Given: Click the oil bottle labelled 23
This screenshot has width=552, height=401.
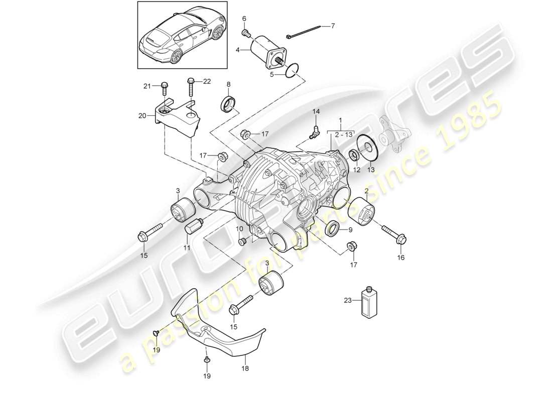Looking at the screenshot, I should (369, 302).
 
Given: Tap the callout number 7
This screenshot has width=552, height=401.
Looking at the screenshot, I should (332, 25).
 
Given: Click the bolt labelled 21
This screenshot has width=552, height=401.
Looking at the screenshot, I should (165, 89).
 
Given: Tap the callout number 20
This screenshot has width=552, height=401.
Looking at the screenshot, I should (143, 116).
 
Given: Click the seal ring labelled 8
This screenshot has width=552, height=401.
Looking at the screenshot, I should (229, 105).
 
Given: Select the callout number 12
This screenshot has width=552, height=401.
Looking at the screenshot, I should (357, 169).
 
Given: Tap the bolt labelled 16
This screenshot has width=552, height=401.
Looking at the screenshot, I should (393, 235).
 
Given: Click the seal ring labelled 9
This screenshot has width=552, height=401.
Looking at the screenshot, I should (331, 231).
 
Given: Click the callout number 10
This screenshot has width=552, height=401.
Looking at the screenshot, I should (239, 229).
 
